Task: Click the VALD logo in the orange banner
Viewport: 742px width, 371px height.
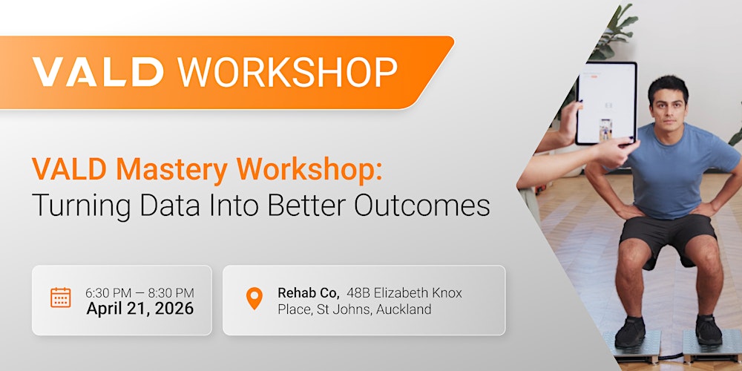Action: [98, 72]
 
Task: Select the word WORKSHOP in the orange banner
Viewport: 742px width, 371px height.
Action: [288, 72]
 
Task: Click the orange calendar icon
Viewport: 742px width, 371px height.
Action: [61, 298]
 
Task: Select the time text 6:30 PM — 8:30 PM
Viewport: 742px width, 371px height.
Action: [139, 292]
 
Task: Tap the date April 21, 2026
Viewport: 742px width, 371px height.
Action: [139, 309]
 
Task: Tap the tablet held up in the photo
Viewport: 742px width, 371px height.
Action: [606, 102]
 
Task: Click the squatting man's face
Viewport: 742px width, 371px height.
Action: [668, 104]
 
